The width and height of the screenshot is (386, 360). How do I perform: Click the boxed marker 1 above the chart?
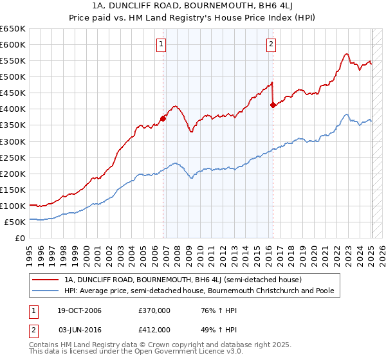[x=160, y=44]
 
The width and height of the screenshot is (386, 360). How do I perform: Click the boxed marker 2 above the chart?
[x=271, y=44]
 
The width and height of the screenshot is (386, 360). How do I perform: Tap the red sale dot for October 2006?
[x=163, y=118]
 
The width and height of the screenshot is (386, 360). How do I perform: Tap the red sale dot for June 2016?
[x=273, y=105]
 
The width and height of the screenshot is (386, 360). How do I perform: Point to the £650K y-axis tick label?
[x=13, y=29]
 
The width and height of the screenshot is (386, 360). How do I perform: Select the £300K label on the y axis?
[x=13, y=141]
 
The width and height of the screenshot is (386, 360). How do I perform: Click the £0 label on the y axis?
[x=19, y=238]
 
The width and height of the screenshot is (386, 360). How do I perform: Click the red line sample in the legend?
[x=46, y=280]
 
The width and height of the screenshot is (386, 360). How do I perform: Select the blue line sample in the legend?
[x=46, y=291]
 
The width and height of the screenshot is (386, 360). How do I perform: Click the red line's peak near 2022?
[x=346, y=54]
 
